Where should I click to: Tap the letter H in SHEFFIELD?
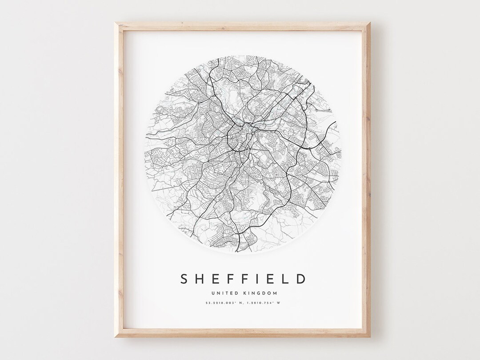(x=200, y=279)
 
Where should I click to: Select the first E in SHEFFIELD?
(x=216, y=279)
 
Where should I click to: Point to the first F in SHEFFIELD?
(x=231, y=279)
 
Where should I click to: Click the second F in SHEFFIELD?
(x=245, y=279)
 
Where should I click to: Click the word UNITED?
(x=225, y=293)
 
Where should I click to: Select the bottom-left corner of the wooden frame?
(x=114, y=336)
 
